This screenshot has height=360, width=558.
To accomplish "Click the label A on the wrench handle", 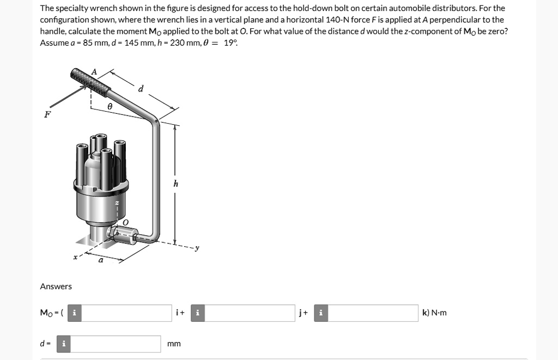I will pos(94,71).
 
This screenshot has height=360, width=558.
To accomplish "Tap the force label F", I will pos(47,115).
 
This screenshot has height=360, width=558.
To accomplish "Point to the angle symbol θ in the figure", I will pos(110,108).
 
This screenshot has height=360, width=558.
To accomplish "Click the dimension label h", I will pos(175,184).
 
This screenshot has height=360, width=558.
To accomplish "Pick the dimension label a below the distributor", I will pos(100,260).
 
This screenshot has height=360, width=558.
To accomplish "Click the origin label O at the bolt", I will pos(126,222).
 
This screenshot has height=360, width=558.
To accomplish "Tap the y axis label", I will pos(197,248).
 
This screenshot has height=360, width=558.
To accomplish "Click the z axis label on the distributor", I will pos(116,203).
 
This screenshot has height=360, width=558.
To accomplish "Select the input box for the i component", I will pos(127,313).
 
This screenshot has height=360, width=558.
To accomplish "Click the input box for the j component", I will pos(250,313).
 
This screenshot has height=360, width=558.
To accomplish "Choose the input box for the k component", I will pos(373,313).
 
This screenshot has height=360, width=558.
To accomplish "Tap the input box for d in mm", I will pos(116,344).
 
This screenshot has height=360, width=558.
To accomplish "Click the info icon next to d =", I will pos(64,344).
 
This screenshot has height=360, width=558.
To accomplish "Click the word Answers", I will pos(56,286).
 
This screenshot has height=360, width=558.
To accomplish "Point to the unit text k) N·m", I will pos(434,313).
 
